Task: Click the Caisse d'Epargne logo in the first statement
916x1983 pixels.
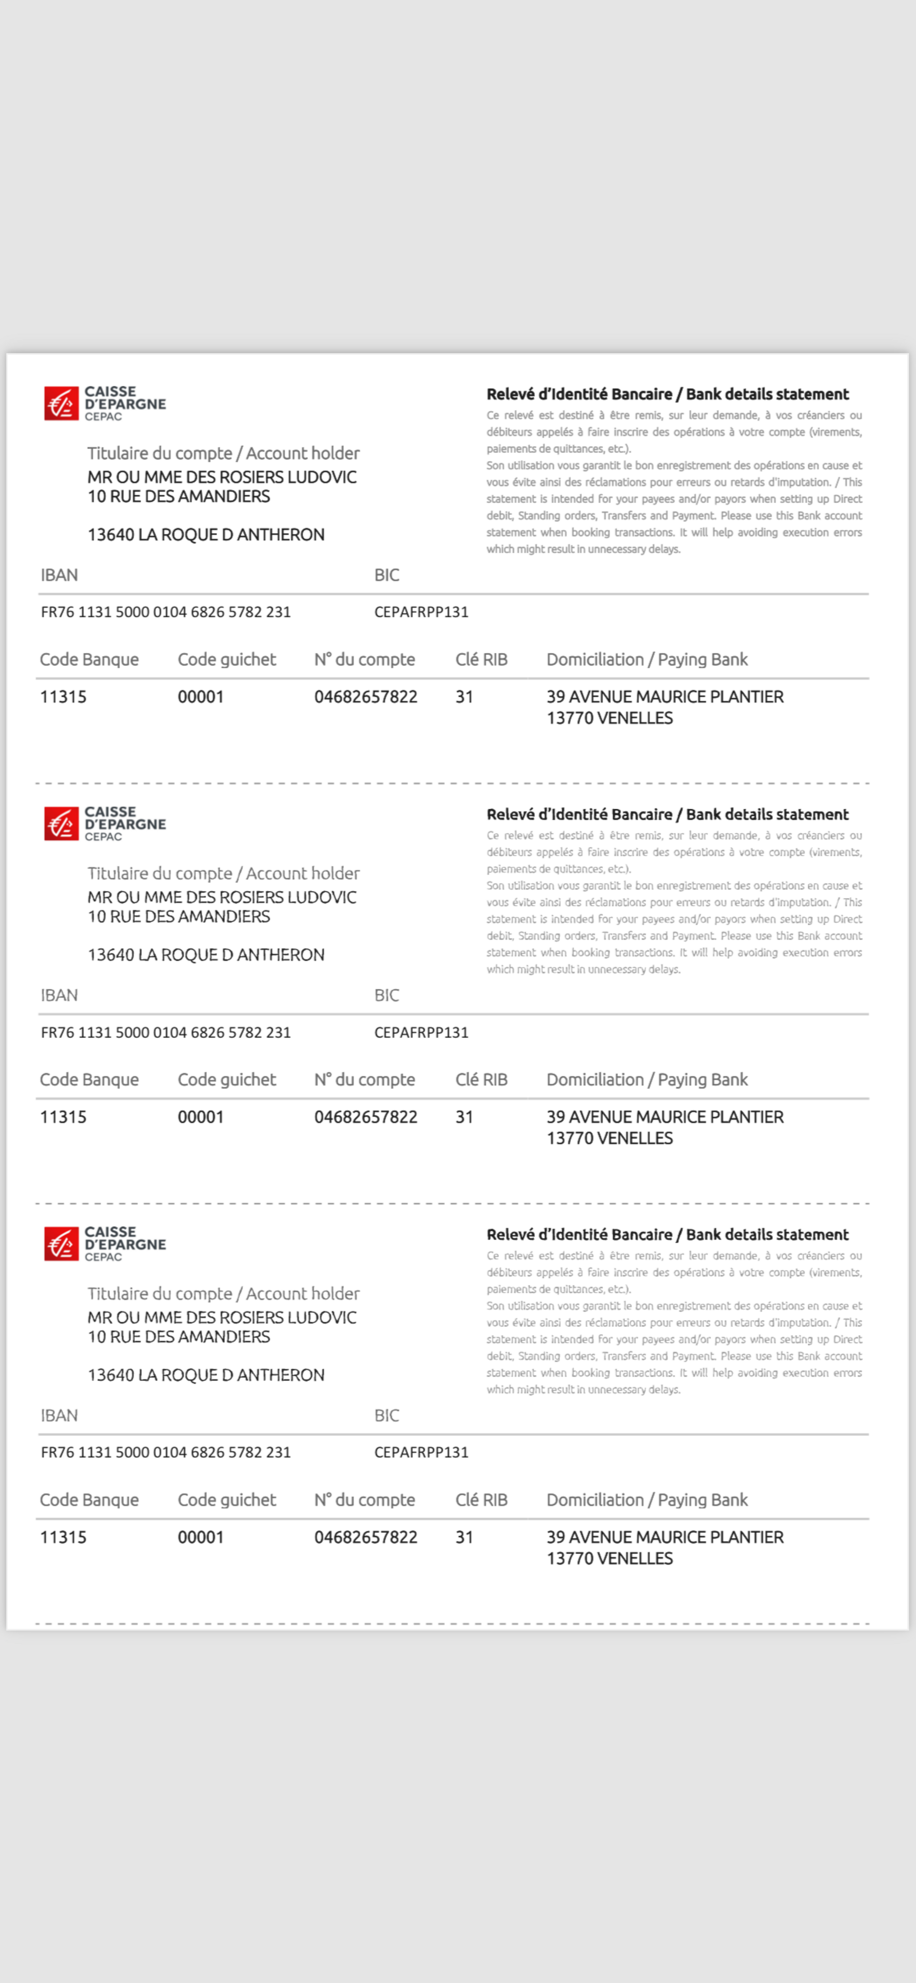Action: (x=105, y=403)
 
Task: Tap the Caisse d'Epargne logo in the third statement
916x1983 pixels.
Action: (x=105, y=1244)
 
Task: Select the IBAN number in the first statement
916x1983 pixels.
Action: (x=165, y=612)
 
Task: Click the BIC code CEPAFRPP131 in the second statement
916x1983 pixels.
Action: (x=421, y=1032)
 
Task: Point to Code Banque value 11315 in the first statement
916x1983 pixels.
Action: (x=63, y=697)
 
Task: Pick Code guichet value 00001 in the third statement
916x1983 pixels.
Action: (x=200, y=1537)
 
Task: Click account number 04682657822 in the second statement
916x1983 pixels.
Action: (x=365, y=1117)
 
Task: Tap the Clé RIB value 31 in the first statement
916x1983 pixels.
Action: (x=464, y=697)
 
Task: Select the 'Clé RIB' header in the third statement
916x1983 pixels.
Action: (x=481, y=1500)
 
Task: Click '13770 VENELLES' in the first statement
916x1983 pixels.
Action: (x=610, y=718)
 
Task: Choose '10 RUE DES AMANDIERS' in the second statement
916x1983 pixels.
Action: (x=179, y=916)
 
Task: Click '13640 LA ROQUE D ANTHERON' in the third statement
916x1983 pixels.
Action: (x=206, y=1375)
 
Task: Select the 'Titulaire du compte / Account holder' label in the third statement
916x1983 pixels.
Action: (x=223, y=1293)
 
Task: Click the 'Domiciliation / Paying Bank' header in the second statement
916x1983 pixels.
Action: (x=647, y=1079)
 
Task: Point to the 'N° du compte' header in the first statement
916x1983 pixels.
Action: (x=364, y=660)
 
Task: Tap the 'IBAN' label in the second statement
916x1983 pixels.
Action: (x=59, y=995)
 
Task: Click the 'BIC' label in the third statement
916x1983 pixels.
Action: (x=387, y=1416)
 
